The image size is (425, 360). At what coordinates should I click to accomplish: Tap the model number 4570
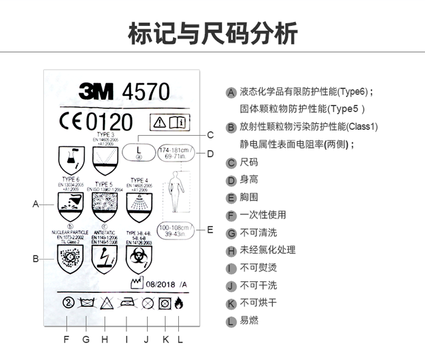[146, 91]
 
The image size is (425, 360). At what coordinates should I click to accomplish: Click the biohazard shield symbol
[139, 258]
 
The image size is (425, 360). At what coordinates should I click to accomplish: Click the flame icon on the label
[179, 303]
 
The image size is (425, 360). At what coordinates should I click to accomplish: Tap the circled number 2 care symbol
[67, 303]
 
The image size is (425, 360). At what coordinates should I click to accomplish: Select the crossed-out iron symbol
[127, 303]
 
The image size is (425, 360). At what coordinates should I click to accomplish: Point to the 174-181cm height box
[176, 154]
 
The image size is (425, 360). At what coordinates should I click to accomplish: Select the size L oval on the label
[138, 152]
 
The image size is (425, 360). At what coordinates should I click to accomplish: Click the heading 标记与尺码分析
[212, 32]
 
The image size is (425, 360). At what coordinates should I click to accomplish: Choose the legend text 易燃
[249, 321]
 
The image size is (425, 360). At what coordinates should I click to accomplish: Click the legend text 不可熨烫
[258, 268]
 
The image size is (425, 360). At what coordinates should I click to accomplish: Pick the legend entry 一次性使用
[263, 216]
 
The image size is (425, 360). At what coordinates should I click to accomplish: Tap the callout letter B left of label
[36, 259]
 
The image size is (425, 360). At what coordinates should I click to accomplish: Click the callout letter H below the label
[104, 339]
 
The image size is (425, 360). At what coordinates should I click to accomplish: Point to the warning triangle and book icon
[170, 122]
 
